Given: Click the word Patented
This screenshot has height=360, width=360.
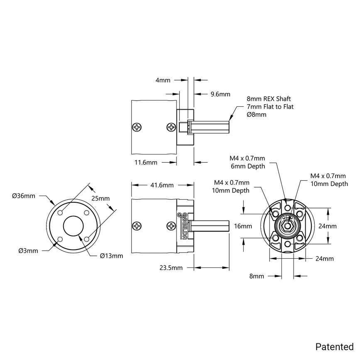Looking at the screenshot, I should coord(334,346).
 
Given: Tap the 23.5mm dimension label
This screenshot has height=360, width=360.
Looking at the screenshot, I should coord(171,268).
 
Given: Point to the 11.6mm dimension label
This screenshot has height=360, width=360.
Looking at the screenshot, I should coord(146,163).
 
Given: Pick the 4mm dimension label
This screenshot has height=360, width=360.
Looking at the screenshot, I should coord(163,80).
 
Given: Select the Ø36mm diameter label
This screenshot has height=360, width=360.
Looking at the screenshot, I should coord(24,196).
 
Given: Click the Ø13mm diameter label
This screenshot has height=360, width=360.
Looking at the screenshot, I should coord(111,256).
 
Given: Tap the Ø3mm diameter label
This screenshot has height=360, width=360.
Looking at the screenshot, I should coord(28,250).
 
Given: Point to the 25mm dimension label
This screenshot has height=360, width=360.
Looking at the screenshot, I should coord(100,199).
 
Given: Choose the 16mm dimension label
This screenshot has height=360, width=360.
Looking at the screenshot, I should coord(243,226).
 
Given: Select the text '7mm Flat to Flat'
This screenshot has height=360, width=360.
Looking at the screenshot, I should coord(270,107).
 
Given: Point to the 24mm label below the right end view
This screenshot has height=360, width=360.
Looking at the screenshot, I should coord(324,259).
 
